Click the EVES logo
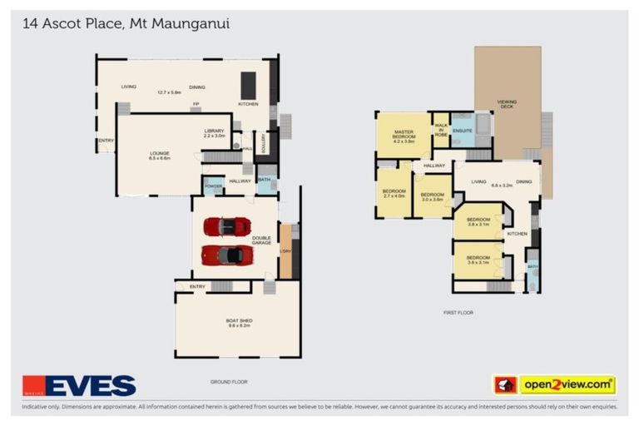pyautogui.click(x=79, y=385)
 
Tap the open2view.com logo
pyautogui.click(x=554, y=384)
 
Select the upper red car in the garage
pyautogui.click(x=227, y=226)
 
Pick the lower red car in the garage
pyautogui.click(x=226, y=255)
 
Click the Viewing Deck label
pyautogui.click(x=507, y=104)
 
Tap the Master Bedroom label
pyautogui.click(x=404, y=135)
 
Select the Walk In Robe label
pyautogui.click(x=441, y=129)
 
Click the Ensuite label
pyautogui.click(x=462, y=130)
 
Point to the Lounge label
pyautogui.click(x=159, y=155)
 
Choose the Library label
pyautogui.click(x=215, y=132)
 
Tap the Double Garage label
pyautogui.click(x=262, y=240)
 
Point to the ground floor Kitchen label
pyautogui.click(x=249, y=104)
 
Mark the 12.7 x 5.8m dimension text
pyautogui.click(x=169, y=92)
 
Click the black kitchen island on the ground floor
pyautogui.click(x=248, y=84)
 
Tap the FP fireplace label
pyautogui.click(x=196, y=104)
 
